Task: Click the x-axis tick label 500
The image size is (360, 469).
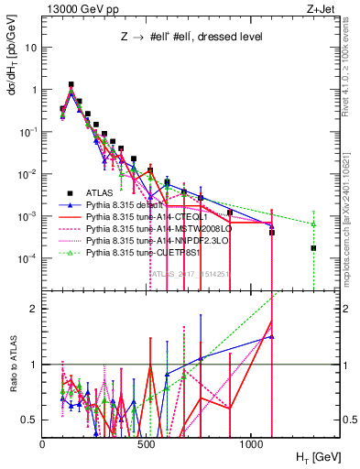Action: point(147,442)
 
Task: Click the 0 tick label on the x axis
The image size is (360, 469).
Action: point(43,442)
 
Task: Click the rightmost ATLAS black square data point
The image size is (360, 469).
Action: point(313,248)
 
